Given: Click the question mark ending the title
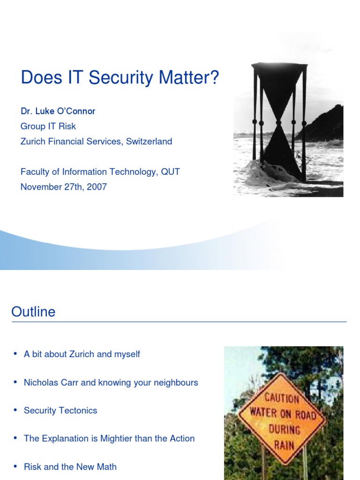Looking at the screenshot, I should point(215,78).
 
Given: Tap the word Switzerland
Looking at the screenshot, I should point(149,141).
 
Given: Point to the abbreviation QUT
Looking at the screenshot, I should point(170,172).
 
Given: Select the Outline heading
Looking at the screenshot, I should point(33,312).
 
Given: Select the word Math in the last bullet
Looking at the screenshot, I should point(107,467).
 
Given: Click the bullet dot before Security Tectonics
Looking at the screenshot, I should point(15,410).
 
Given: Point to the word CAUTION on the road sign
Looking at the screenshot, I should point(282,399).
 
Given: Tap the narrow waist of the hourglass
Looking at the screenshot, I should point(279,123).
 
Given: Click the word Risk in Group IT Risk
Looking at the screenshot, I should point(67,126).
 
